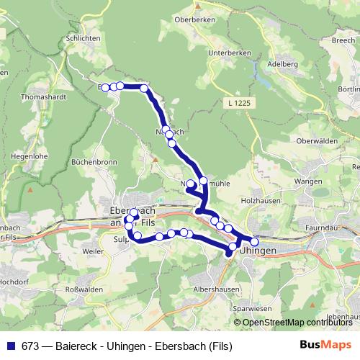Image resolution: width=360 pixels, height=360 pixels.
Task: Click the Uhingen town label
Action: point(258,250)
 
